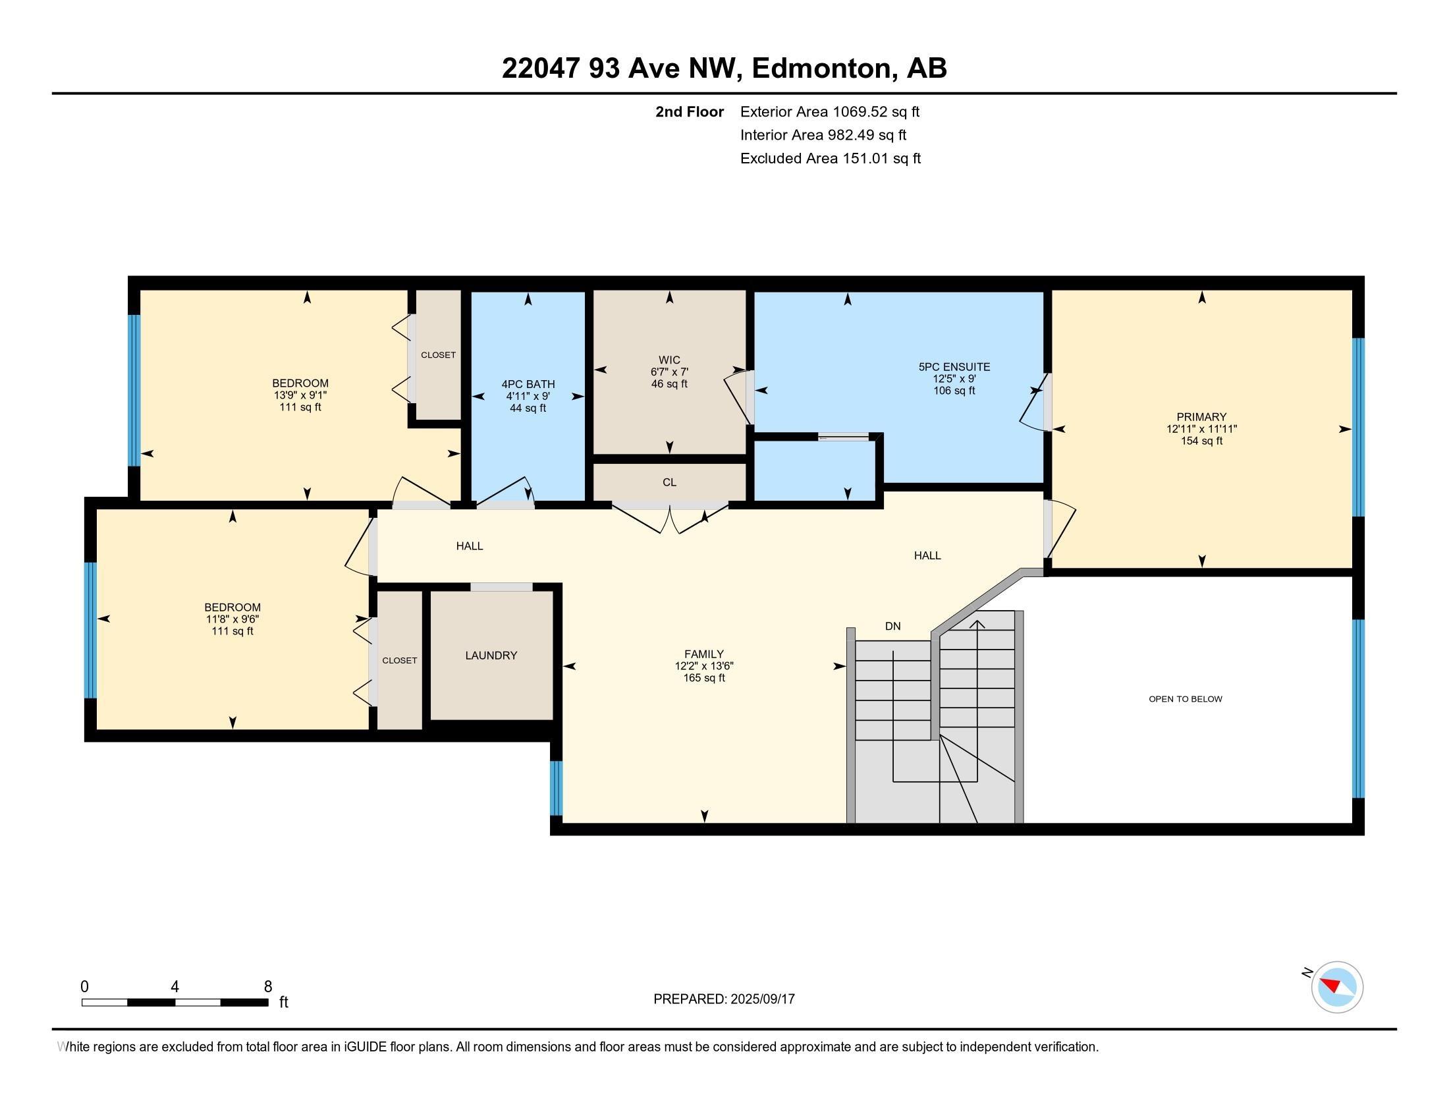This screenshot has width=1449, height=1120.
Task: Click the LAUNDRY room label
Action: [x=491, y=656]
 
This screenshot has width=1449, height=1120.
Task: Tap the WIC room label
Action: [x=669, y=360]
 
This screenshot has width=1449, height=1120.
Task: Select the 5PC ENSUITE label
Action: [x=954, y=367]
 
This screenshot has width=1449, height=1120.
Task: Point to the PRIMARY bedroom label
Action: [x=1201, y=417]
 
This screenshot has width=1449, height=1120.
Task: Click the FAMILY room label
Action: [x=704, y=654]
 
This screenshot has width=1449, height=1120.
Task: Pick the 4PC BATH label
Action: [x=528, y=384]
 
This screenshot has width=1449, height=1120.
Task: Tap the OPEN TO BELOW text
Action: [x=1186, y=698]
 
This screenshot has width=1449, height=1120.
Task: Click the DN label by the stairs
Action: [x=893, y=627]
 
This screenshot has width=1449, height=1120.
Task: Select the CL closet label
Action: [x=669, y=482]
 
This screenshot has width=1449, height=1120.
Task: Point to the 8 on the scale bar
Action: [x=268, y=987]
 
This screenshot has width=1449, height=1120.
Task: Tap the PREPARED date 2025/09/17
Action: [x=761, y=999]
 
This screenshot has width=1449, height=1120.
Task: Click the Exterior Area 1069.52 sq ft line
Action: [x=830, y=111]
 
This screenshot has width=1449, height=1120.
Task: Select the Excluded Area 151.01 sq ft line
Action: [x=831, y=158]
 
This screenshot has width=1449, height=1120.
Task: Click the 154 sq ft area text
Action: [x=1201, y=441]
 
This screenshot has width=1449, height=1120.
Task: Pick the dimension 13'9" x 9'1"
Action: [x=300, y=395]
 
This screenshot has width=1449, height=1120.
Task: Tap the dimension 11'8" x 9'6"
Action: [x=232, y=620]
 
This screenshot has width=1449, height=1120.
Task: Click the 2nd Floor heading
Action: [x=690, y=111]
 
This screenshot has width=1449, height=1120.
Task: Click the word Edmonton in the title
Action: [x=821, y=69]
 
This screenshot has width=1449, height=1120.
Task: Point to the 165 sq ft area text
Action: [x=704, y=678]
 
